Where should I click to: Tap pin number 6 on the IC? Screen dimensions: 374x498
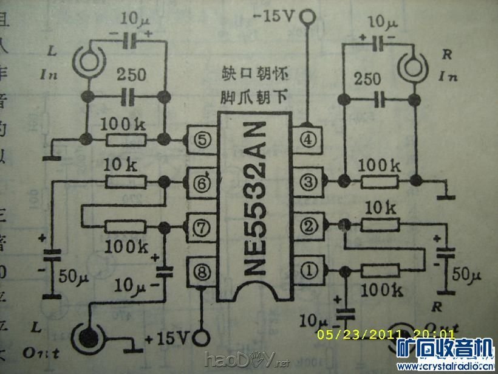pos(201,182)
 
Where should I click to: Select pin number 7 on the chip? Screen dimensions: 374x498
pos(201,226)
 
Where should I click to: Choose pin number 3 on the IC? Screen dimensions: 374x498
pos(309,181)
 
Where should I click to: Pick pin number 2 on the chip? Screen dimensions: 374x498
pos(309,226)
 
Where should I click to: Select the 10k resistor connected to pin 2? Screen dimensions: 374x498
pos(381,225)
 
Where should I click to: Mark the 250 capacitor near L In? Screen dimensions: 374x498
pos(126,96)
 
